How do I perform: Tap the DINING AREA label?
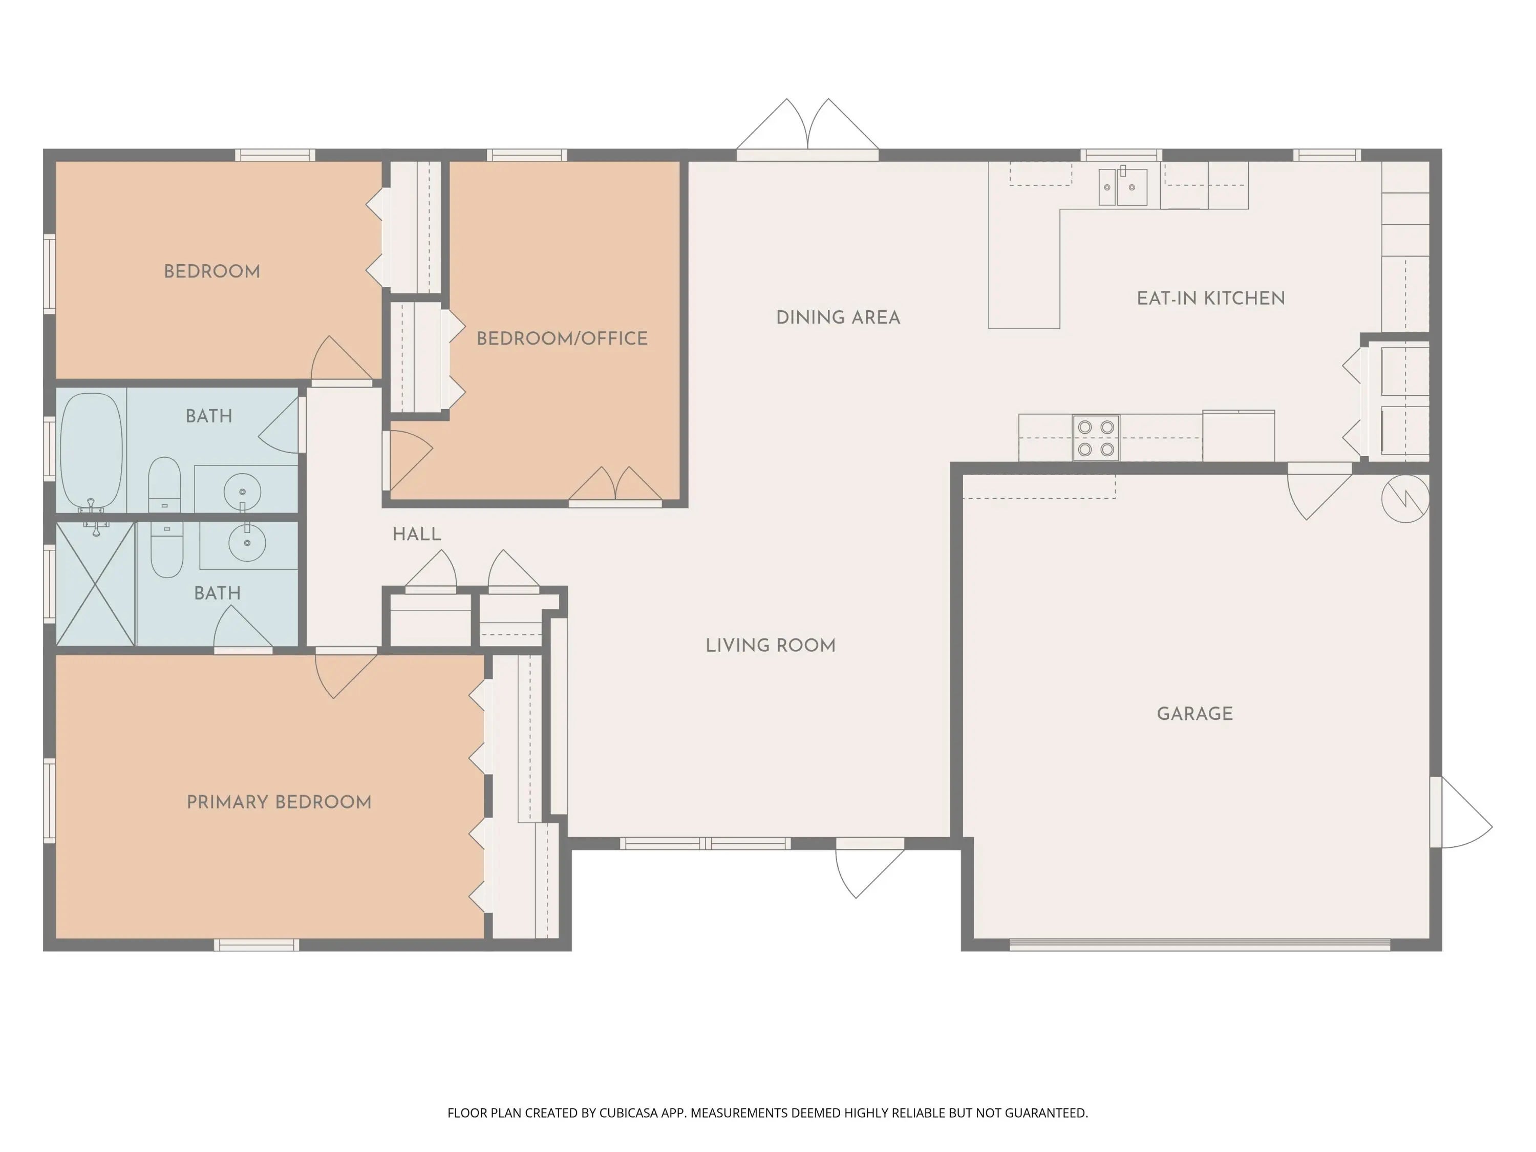point(838,317)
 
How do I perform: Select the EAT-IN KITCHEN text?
point(1211,298)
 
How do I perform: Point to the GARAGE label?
point(1195,713)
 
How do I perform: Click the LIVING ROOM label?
point(771,645)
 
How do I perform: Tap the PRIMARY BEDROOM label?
point(279,802)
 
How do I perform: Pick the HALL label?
point(417,534)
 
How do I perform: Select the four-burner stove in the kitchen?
point(1096,437)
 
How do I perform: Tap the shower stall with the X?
point(95,584)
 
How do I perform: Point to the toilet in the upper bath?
point(164,484)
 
